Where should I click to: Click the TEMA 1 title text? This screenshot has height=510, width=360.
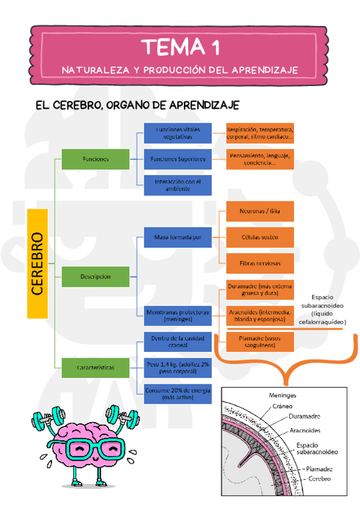click(x=180, y=46)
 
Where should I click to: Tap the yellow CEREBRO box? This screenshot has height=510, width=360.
click(x=37, y=263)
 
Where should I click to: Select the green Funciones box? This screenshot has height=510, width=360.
click(x=96, y=159)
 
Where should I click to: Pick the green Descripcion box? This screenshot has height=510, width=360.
click(x=96, y=277)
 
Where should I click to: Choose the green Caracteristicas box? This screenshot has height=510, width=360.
click(x=96, y=366)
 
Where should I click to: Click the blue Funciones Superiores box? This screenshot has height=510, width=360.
click(x=177, y=159)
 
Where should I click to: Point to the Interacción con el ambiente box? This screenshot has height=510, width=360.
click(x=177, y=185)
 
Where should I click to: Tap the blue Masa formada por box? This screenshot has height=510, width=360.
click(x=177, y=238)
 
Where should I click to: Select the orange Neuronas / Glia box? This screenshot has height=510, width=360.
click(x=260, y=212)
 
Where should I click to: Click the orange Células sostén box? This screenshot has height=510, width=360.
click(x=260, y=238)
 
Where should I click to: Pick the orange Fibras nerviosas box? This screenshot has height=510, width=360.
click(x=260, y=263)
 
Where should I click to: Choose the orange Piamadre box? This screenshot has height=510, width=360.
click(x=260, y=342)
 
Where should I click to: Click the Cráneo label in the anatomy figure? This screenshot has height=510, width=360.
click(x=282, y=406)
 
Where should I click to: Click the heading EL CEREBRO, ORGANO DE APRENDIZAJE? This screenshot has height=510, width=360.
click(x=138, y=105)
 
